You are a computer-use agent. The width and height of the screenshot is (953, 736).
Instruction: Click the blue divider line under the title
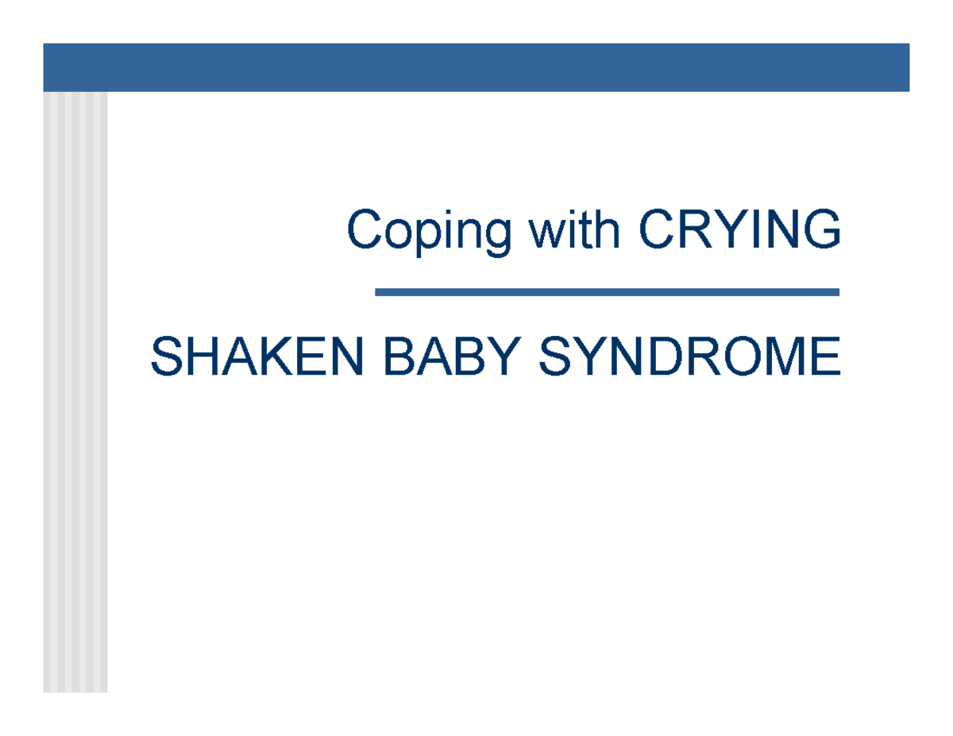(607, 292)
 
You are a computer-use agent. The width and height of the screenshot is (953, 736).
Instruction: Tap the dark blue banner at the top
(476, 67)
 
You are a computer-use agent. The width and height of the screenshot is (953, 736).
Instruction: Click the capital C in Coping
(362, 230)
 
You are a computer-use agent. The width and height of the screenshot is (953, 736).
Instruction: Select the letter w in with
(549, 230)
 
